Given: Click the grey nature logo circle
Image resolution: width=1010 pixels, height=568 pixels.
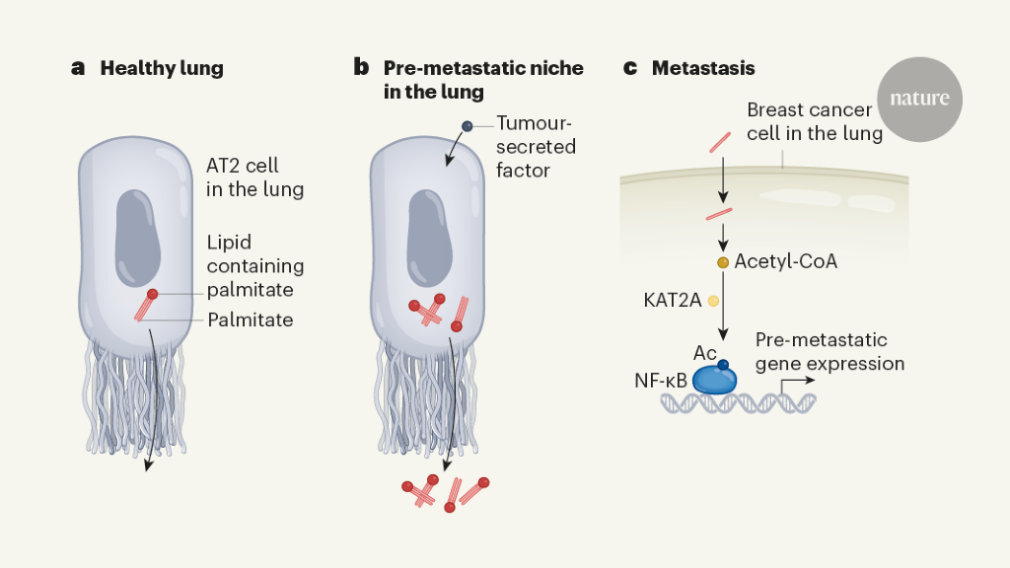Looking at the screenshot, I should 919,98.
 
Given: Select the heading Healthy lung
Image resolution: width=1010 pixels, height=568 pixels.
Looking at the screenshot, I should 162,69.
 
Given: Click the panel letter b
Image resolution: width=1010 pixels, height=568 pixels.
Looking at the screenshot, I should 361,68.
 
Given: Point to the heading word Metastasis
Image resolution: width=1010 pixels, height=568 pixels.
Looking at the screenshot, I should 703,69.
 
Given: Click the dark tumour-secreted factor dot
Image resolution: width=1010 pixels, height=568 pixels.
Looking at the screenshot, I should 468,126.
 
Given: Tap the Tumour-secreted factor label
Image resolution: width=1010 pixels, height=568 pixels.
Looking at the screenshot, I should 536,147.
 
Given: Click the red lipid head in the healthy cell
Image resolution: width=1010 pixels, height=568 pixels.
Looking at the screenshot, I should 152,294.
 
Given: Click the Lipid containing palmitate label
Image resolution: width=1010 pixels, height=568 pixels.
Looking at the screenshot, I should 255,266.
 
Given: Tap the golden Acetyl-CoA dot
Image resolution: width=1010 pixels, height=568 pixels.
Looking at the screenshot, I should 723,262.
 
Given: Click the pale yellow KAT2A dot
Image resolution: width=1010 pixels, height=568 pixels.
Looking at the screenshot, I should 713,300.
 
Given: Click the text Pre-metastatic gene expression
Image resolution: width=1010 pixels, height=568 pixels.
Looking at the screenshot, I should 829,352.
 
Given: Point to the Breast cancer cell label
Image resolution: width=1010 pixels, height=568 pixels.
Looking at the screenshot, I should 814,121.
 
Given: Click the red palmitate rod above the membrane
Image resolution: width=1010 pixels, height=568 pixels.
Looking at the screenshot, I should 720,143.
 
